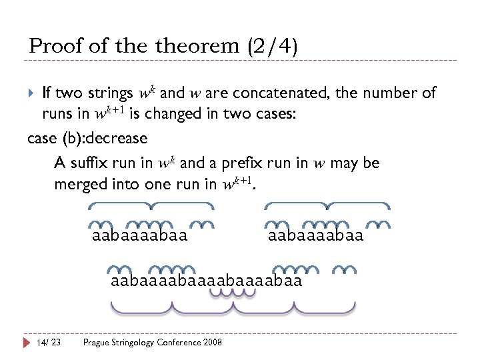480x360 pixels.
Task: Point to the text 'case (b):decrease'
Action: point(87,139)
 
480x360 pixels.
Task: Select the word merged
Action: point(81,185)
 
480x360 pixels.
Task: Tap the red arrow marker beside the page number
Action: point(27,342)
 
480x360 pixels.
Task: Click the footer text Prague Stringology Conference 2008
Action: point(152,342)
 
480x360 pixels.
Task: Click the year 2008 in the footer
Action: point(212,342)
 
